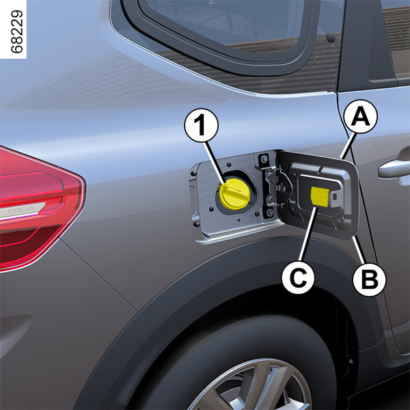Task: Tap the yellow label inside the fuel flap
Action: [320, 196]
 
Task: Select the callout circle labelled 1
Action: [202, 125]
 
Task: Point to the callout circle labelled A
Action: [361, 117]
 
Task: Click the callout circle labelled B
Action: [369, 279]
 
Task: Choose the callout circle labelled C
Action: [298, 277]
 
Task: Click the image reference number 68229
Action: [17, 31]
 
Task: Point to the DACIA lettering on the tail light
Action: [21, 210]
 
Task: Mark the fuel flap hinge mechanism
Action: [276, 187]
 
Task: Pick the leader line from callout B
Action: [358, 249]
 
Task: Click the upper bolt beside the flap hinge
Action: [264, 159]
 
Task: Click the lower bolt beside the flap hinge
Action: [269, 213]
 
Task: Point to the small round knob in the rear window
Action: [331, 36]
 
